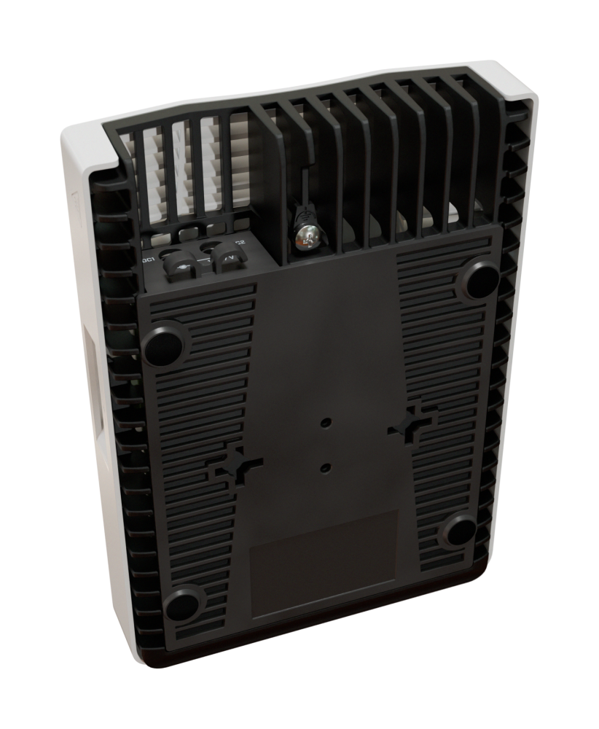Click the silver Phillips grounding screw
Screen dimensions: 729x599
306,235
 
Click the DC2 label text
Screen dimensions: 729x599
239,244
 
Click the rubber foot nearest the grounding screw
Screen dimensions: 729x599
477,280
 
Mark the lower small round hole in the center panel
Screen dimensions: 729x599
326,465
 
